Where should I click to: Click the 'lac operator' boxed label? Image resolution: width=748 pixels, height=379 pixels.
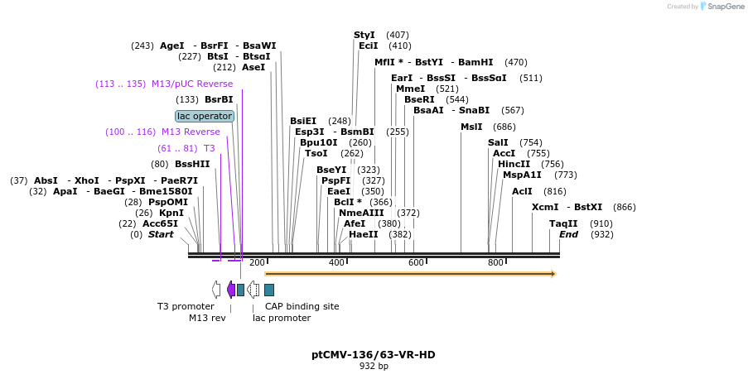pos(205,116)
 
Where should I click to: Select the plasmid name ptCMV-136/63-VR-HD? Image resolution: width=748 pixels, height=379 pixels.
pos(373,355)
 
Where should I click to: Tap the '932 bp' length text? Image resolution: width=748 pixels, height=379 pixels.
pos(374,366)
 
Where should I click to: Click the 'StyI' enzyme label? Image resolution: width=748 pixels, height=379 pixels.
pos(364,35)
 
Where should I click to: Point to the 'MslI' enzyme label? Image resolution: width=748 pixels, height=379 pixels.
pos(471,127)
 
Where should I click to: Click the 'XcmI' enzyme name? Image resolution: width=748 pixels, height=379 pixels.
pos(545,207)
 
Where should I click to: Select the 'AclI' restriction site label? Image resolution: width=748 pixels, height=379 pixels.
pos(522,191)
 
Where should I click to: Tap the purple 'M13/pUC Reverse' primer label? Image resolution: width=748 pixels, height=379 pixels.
pos(191,84)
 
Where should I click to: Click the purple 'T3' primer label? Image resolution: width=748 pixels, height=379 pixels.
pos(210,148)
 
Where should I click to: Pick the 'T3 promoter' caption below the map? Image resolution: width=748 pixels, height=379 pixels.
pos(186,306)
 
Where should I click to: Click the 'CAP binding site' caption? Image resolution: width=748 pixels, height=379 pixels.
pos(302,306)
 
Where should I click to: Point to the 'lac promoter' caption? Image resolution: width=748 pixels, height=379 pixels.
pos(282,318)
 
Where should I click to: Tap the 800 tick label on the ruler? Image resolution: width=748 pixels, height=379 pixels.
pos(495,262)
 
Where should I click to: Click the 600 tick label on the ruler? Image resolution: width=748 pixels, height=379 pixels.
pos(416,262)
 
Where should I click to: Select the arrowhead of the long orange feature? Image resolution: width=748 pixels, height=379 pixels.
pos(553,273)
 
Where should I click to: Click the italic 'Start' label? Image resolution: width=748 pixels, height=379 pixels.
pos(161,234)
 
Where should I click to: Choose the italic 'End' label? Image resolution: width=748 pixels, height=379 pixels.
pos(568,234)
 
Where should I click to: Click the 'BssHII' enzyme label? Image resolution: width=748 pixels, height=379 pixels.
pos(192,164)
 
